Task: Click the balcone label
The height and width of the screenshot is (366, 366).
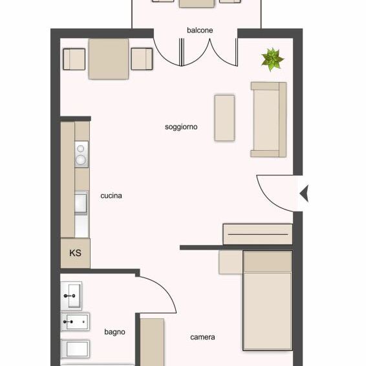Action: [x=200, y=30]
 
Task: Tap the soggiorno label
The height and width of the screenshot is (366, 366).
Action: [x=181, y=127]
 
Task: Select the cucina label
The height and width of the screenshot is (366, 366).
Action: [x=111, y=195]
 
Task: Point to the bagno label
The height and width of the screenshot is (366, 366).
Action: [x=114, y=332]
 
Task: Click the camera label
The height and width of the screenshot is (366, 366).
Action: [x=202, y=337]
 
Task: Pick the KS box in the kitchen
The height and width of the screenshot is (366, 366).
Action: [x=75, y=253]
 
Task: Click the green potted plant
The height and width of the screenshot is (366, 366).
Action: [x=272, y=59]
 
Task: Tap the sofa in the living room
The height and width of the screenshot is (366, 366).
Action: [x=268, y=119]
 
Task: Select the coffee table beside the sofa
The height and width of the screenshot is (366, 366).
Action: [x=224, y=118]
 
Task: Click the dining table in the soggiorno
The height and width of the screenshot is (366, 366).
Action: [x=108, y=59]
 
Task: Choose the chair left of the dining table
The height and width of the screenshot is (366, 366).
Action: [x=74, y=59]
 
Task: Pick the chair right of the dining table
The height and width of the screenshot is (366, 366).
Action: [x=142, y=59]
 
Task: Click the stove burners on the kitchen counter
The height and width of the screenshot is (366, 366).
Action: [x=81, y=155]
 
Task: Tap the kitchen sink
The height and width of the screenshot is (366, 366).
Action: [x=81, y=203]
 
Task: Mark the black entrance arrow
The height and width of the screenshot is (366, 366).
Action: [x=304, y=192]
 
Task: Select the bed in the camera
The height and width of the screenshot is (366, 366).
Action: [x=267, y=301]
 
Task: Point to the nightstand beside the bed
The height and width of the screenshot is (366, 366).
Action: [x=230, y=263]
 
